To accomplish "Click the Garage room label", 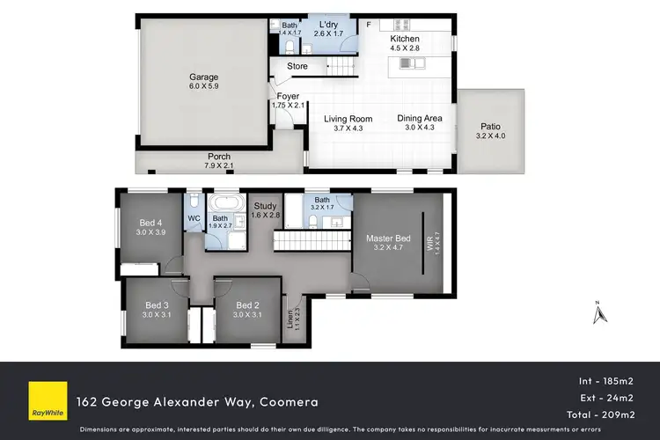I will [x=203, y=76].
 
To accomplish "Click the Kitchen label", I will [x=405, y=40].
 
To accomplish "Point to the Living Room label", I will [x=348, y=119].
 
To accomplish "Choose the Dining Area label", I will [x=419, y=119].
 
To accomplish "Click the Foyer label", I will [x=288, y=97].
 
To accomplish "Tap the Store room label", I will [x=297, y=65].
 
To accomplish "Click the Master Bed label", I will [x=388, y=238].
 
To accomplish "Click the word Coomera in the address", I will [x=288, y=402].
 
